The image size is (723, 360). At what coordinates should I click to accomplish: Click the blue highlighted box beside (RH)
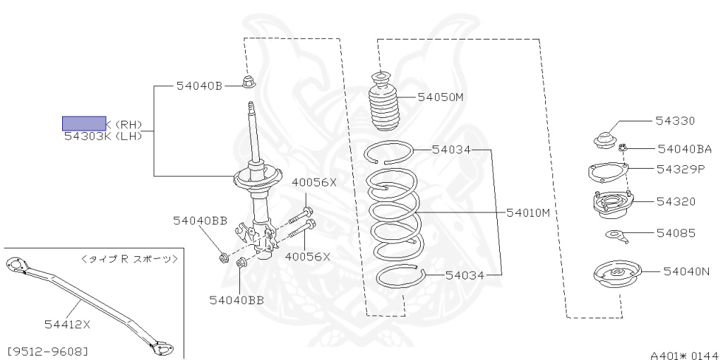point(84,124)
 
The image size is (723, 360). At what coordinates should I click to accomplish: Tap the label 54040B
point(199,86)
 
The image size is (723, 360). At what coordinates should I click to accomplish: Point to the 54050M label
point(440,97)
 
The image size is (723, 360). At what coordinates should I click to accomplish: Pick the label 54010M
point(527,212)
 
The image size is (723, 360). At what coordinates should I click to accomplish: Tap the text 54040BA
point(684,149)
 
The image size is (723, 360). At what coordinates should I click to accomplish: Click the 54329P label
point(681,169)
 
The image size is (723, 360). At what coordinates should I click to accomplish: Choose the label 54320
point(676,201)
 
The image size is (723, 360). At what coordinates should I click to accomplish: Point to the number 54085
point(676,233)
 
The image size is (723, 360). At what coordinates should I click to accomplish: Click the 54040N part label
point(685,270)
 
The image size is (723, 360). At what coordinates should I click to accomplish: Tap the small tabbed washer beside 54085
point(616,235)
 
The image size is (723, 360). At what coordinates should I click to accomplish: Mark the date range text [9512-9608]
point(47,350)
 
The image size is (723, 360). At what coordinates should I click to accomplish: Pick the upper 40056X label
point(316,182)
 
